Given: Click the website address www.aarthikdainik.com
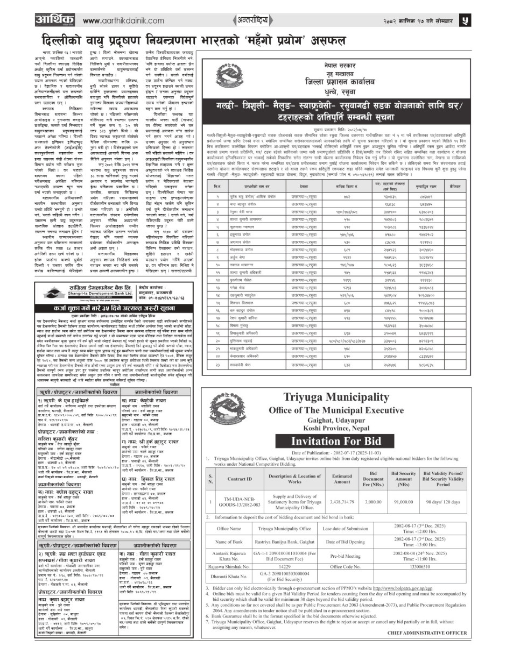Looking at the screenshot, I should point(123,20).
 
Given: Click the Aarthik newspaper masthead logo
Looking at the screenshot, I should point(54,19).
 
